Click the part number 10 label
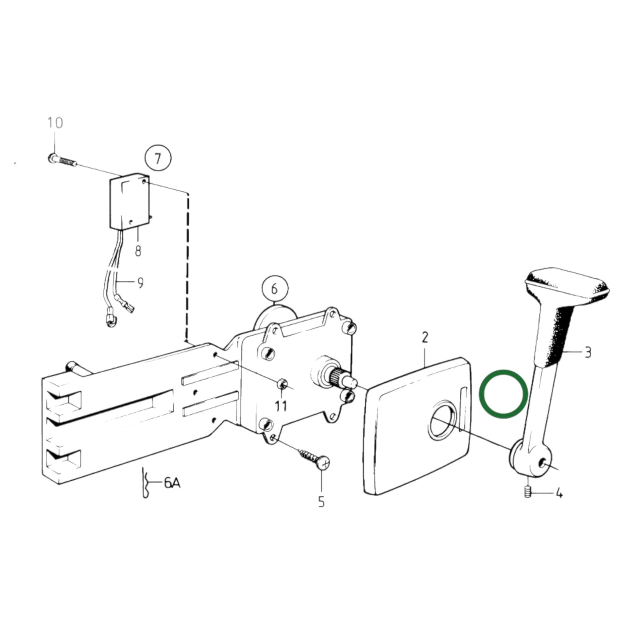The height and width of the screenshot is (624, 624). click(55, 123)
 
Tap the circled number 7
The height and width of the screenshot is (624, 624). click(158, 159)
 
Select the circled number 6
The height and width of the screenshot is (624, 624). click(275, 289)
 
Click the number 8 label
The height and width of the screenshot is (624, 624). click(138, 250)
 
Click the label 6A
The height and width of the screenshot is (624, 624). click(171, 483)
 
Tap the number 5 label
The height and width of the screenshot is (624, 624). click(321, 502)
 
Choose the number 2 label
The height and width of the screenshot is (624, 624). click(425, 337)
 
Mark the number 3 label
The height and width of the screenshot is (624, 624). click(587, 352)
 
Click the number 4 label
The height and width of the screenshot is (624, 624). click(559, 493)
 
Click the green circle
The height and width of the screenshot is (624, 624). click(504, 393)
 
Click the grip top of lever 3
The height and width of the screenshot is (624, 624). click(568, 283)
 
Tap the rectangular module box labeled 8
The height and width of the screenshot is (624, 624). click(128, 202)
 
